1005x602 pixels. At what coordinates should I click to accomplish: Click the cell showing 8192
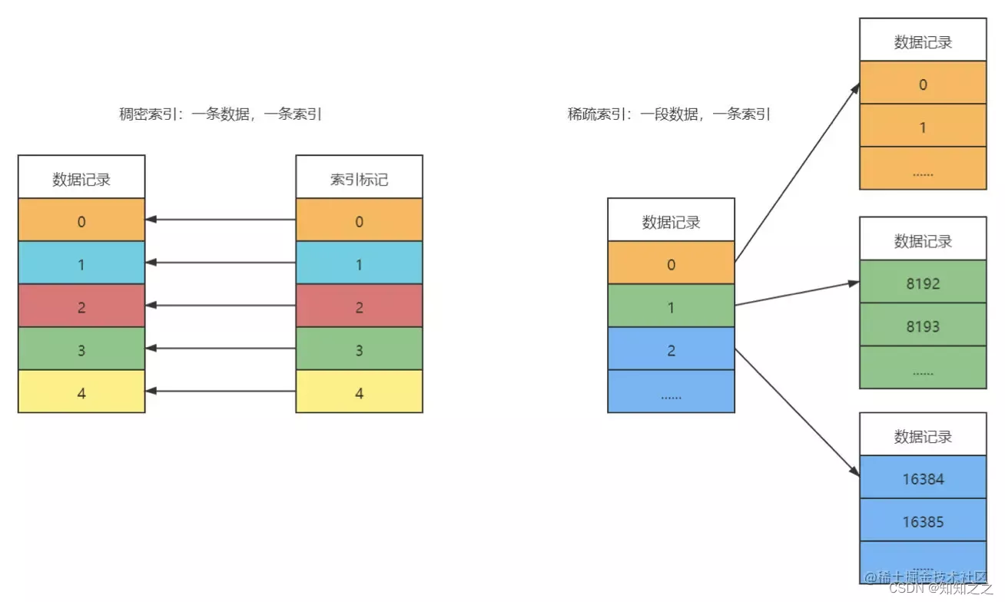click(922, 283)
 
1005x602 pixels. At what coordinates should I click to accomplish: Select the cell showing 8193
click(922, 326)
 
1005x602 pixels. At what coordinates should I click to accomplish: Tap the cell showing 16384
click(922, 478)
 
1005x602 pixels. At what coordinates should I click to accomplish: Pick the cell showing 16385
click(922, 521)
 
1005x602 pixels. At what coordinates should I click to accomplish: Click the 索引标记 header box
click(359, 178)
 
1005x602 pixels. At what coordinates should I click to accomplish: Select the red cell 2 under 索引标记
click(359, 307)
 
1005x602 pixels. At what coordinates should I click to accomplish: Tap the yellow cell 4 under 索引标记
click(359, 392)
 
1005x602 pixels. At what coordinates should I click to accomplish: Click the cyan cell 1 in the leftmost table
click(81, 264)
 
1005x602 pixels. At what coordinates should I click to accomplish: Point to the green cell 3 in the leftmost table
click(81, 350)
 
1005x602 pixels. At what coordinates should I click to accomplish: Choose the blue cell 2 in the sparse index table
click(671, 350)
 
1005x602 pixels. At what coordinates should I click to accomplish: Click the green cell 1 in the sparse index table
click(671, 307)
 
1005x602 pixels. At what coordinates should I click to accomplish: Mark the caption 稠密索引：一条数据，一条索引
click(220, 114)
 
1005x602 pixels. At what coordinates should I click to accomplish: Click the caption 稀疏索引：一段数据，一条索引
click(668, 114)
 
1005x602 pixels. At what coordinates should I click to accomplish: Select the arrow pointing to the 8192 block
click(796, 293)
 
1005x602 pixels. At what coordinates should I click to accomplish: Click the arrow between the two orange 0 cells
click(221, 220)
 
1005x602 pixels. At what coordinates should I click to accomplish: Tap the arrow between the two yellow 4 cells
click(221, 392)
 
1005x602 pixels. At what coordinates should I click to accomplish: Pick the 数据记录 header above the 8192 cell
click(922, 240)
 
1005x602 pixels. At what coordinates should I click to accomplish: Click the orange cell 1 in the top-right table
click(922, 126)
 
